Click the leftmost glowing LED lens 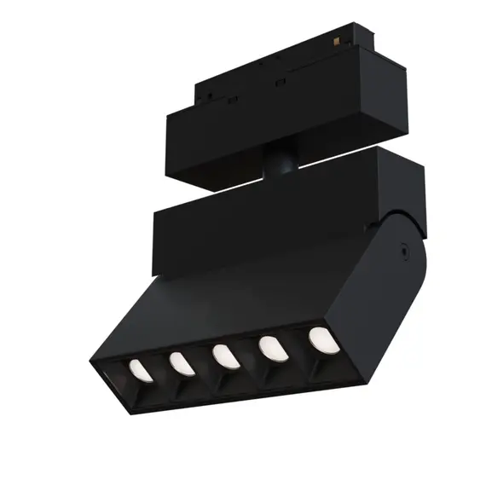[x=138, y=370]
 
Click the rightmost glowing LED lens [x=319, y=338]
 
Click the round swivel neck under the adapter [x=277, y=162]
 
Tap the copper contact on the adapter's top [x=342, y=40]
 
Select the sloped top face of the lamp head [x=256, y=290]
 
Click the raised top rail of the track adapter [x=290, y=55]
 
